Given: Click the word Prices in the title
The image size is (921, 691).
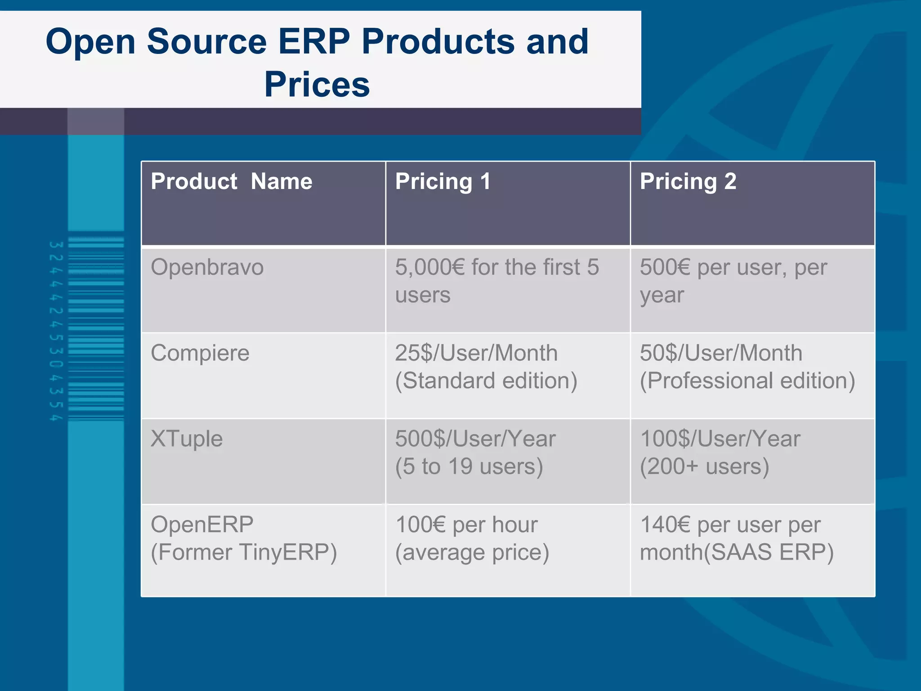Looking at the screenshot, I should (317, 85).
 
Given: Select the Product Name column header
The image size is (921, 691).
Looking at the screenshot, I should (231, 181).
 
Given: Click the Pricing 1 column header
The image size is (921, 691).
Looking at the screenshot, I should (443, 181).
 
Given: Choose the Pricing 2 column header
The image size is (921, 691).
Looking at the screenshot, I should (688, 181).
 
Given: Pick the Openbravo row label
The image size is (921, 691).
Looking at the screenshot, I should (207, 267).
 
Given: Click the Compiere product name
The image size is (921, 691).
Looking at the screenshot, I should (200, 353).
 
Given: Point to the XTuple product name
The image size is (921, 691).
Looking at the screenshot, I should (187, 439).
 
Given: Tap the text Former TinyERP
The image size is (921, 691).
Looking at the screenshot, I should (244, 552).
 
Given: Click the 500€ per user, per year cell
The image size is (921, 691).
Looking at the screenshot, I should (733, 281).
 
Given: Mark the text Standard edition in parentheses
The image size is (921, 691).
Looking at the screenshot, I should (486, 381).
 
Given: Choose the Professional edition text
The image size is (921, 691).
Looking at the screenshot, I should (747, 381).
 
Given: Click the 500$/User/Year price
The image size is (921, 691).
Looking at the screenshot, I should (475, 439).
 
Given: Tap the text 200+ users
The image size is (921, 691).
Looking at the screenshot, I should (704, 467).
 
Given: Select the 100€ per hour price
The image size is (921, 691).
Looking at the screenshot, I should (466, 525).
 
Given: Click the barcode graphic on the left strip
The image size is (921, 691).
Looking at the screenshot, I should (95, 328).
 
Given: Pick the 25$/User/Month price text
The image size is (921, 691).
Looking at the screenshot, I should (476, 353).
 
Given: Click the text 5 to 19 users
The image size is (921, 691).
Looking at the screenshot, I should (469, 467).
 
